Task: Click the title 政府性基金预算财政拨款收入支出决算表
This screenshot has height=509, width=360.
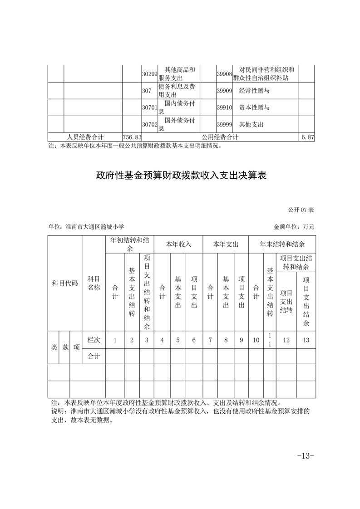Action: pos(180,176)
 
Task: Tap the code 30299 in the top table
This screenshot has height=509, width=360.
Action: pos(149,74)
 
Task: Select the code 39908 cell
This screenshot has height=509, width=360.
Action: pos(224,74)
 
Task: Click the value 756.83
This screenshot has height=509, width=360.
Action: pos(132,137)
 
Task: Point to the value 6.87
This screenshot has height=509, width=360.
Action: pos(307,137)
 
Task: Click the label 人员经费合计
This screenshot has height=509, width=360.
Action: pos(85,137)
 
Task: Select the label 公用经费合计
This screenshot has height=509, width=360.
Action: pos(221,137)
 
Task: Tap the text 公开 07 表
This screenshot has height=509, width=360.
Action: pos(301,210)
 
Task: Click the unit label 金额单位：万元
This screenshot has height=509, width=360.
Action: pos(294,226)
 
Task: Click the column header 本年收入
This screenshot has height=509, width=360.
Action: pos(178,244)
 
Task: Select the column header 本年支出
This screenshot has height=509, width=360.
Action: pos(226,244)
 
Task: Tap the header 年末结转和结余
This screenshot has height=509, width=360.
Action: pos(282,244)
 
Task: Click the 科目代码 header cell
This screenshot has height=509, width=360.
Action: pos(65,283)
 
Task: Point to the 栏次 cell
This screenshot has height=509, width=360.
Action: pos(94,340)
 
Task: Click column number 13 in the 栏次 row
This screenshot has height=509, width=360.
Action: pos(306,340)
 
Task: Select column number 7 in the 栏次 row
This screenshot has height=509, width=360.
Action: pos(210,340)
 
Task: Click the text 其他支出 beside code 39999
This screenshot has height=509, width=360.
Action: pos(251,124)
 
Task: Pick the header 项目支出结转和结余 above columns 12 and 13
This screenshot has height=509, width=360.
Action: pos(296,262)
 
